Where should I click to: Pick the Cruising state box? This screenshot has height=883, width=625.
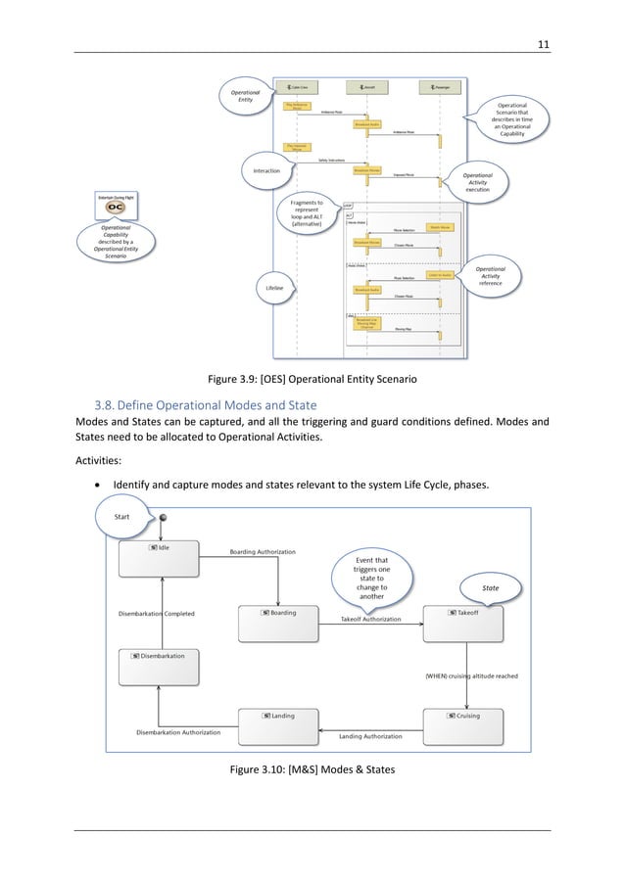(463, 727)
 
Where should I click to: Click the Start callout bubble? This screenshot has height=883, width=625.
(124, 515)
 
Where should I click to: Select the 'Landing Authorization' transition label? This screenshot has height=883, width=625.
(371, 736)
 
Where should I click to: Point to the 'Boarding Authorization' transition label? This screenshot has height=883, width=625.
(263, 551)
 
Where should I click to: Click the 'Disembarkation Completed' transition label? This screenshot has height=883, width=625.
(157, 614)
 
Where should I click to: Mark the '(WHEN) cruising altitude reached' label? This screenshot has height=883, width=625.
(471, 675)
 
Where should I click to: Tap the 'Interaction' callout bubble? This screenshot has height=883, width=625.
(266, 170)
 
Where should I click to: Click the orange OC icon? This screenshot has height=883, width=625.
(116, 208)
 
